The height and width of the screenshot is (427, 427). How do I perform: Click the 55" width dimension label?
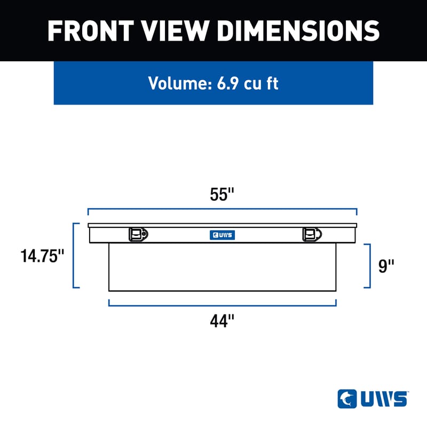(x=222, y=195)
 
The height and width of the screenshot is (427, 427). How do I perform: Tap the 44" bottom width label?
(x=222, y=321)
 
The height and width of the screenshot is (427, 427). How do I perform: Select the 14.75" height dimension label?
(x=42, y=256)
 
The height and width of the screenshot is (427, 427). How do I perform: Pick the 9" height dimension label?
(x=386, y=266)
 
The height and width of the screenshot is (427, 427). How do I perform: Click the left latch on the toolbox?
(x=138, y=234)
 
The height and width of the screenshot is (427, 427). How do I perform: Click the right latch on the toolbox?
(x=312, y=234)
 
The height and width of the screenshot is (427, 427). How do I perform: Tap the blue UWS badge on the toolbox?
(x=222, y=234)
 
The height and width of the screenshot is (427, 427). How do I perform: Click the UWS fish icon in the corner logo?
(x=347, y=399)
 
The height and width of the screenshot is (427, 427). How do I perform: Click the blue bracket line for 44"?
(x=222, y=306)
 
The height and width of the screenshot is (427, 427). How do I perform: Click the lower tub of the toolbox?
(x=222, y=267)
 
